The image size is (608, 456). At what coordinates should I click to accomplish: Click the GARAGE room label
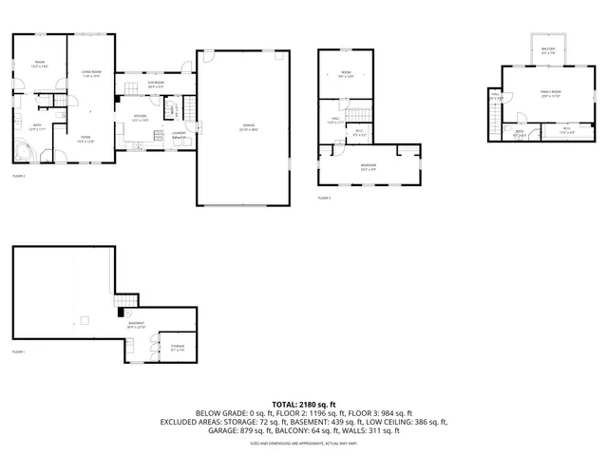pos(248,126)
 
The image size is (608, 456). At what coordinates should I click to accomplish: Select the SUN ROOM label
pos(156,85)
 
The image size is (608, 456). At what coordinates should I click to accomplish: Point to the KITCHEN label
pos(140,118)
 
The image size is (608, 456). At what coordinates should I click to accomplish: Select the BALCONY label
pos(548,50)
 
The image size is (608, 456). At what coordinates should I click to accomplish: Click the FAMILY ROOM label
pos(551,93)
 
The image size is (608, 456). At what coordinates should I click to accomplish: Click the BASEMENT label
pos(139,325)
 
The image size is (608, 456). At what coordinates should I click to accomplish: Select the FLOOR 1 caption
pos(18,351)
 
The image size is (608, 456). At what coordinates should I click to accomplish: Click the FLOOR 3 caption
pos(324,198)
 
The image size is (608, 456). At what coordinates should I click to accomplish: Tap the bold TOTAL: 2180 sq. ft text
pos(303,404)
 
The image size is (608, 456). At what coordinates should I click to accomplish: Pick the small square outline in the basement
pos(85,320)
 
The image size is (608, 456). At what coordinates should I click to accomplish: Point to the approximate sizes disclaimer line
pos(303,443)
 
